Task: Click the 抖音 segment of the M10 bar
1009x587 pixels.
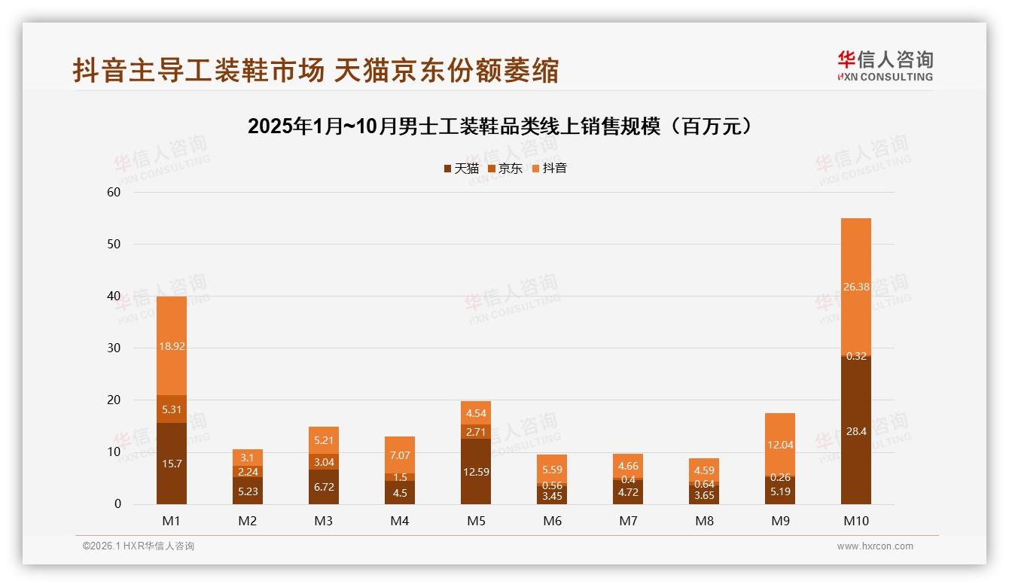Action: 856,285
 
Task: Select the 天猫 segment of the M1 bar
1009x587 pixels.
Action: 172,464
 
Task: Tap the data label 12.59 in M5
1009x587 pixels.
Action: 476,472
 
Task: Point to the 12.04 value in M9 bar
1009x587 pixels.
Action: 781,445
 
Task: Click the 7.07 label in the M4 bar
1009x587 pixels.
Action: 400,455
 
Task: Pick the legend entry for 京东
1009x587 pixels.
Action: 505,169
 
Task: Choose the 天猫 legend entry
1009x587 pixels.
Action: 462,169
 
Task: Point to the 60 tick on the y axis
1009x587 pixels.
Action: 114,192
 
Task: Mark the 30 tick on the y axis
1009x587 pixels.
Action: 114,348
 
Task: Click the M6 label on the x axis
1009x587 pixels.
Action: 552,521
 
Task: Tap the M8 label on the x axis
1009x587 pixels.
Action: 704,521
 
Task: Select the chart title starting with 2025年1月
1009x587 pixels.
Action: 500,126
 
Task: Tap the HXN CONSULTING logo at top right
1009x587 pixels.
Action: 885,65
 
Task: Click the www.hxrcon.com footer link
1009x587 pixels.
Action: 875,546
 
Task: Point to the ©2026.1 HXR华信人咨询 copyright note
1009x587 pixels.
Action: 139,546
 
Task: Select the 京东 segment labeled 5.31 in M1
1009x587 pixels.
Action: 172,409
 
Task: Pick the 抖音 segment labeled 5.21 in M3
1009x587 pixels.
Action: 324,440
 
